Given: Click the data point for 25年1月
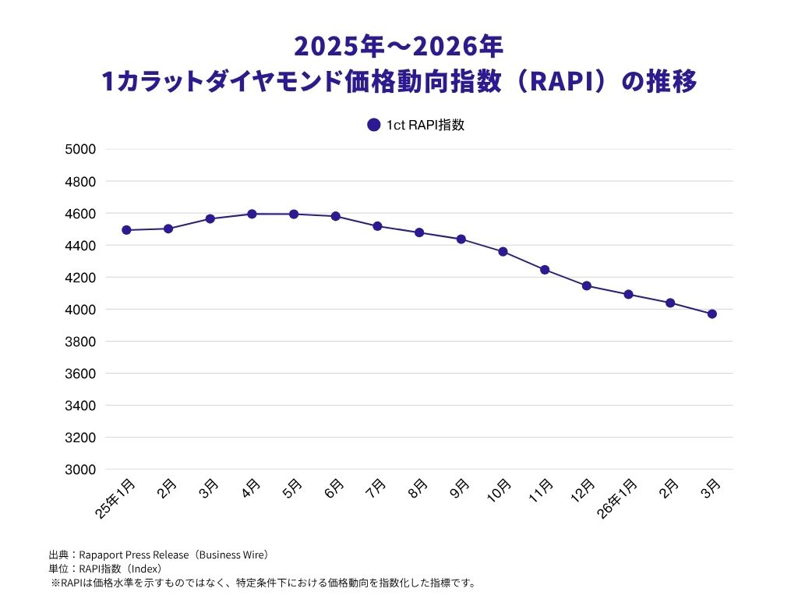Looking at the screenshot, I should tap(126, 230).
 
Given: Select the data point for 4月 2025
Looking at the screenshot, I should tap(252, 214).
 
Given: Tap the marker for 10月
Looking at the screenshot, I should tap(503, 252).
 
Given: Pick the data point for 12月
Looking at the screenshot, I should tap(586, 285).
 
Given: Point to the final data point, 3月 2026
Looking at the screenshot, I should tap(711, 314).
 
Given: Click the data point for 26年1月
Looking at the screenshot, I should tap(628, 294).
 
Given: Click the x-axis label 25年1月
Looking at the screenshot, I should tap(116, 499).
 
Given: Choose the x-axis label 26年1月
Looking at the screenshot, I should tap(618, 499).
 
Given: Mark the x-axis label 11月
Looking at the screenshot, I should tap(540, 491).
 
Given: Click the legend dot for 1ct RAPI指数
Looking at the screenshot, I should tap(373, 125).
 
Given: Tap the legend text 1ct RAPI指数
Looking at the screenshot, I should tap(425, 125).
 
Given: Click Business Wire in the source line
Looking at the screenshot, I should tap(233, 555).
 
